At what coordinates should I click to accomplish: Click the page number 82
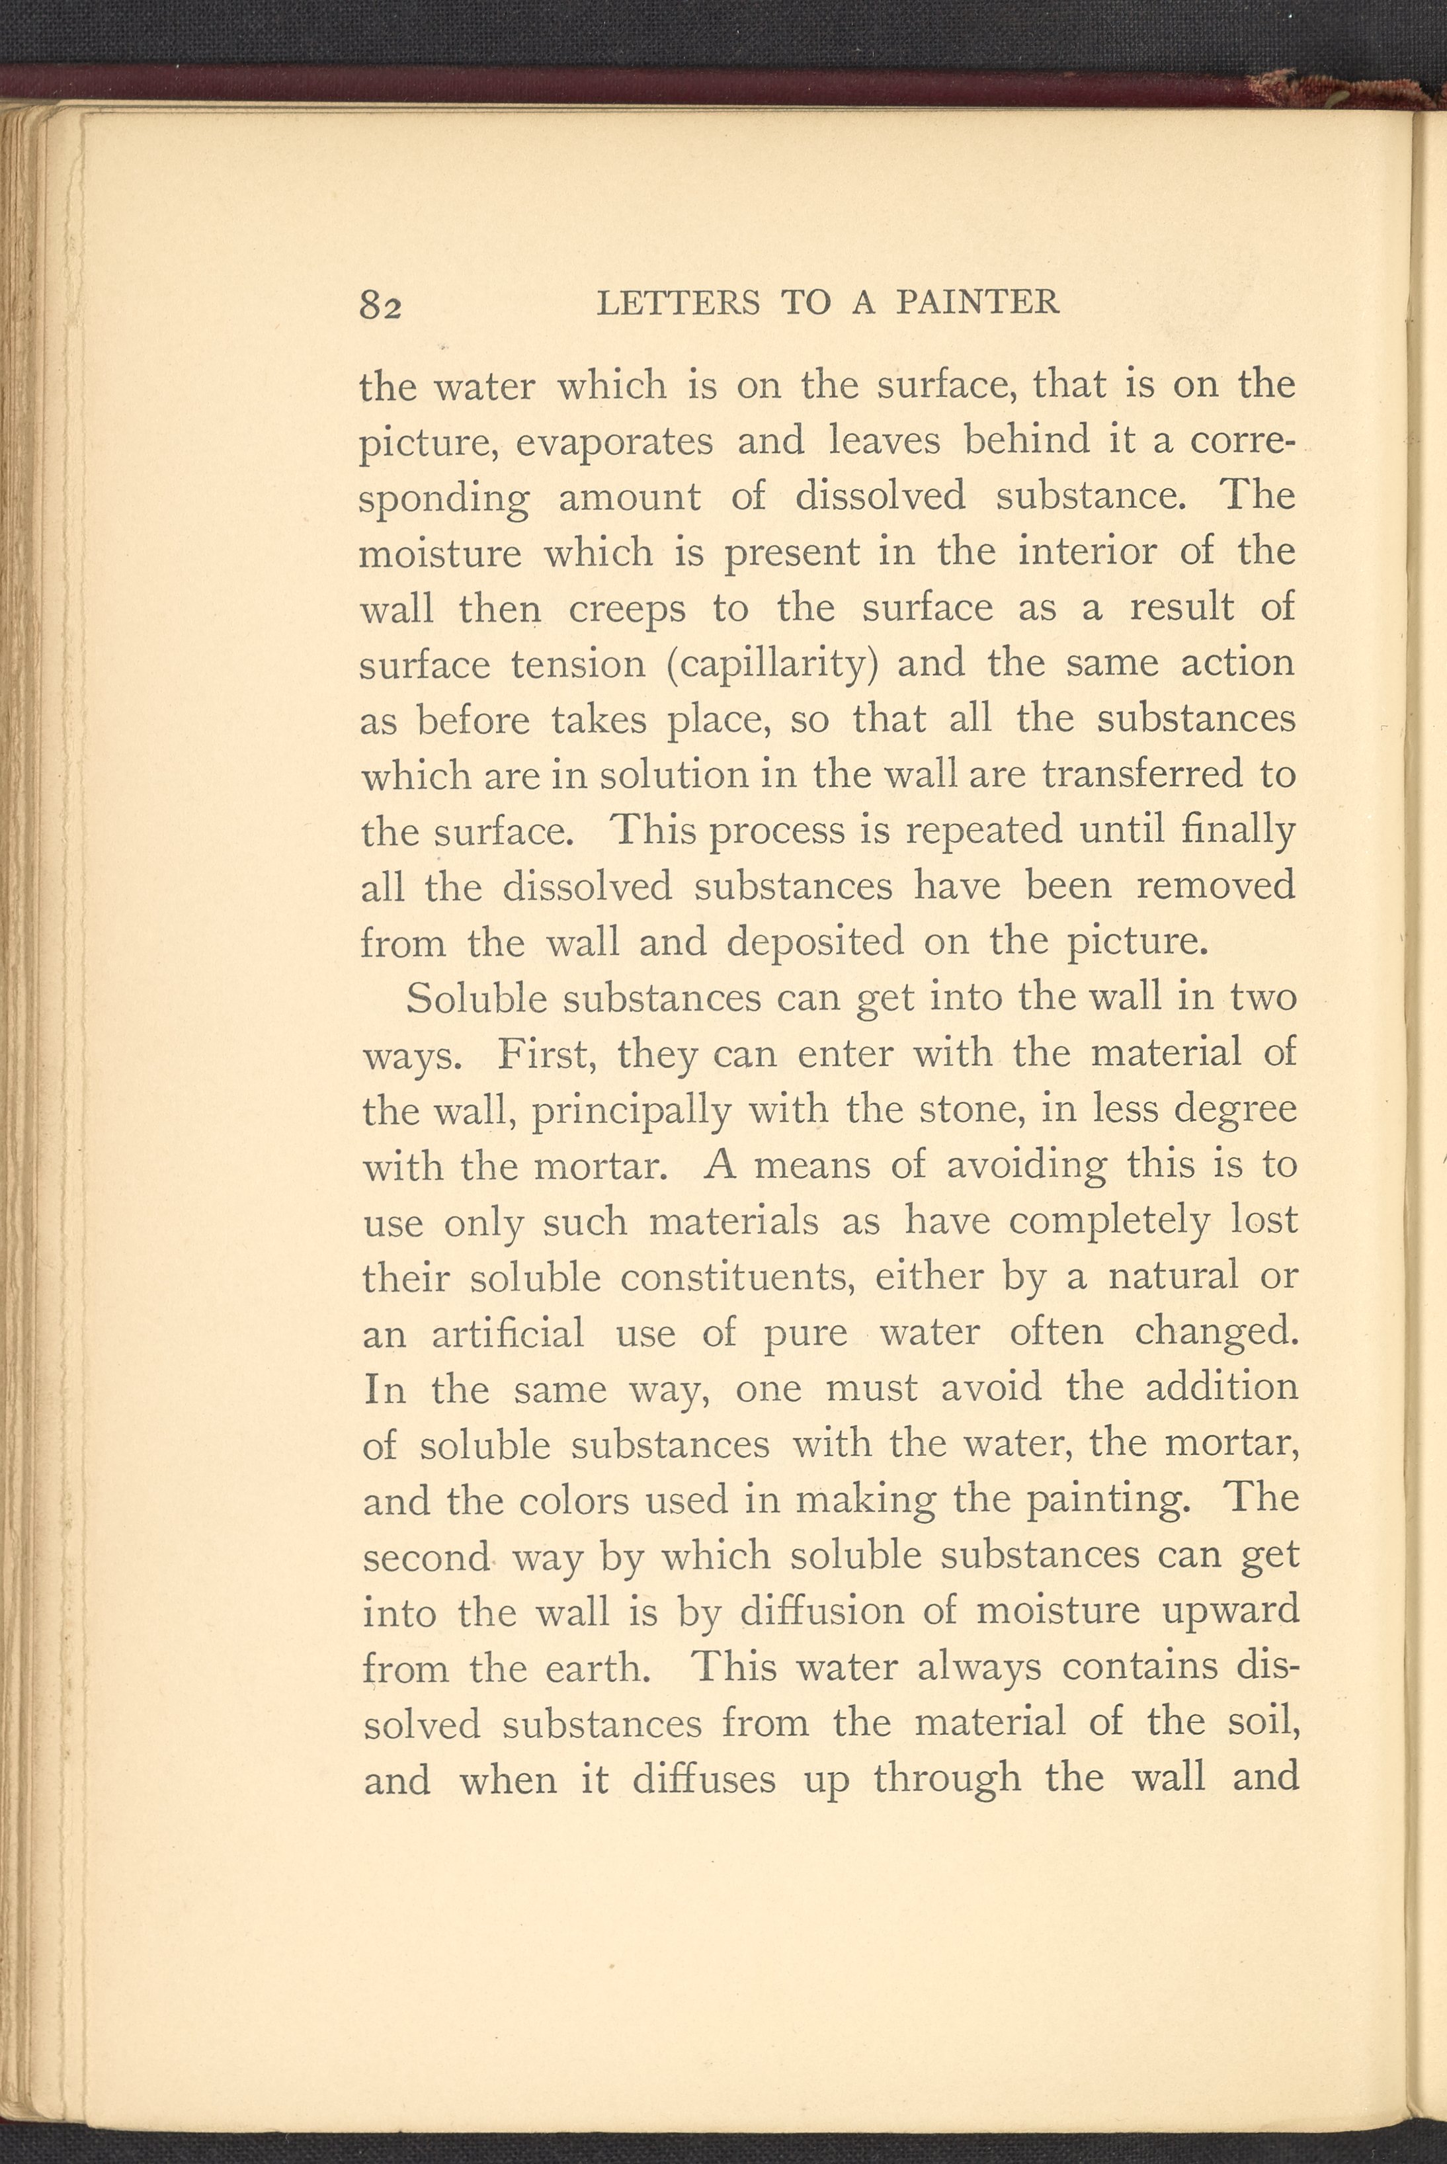[380, 304]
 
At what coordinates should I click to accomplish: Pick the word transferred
[1141, 775]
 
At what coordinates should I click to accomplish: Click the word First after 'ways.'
[544, 1054]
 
